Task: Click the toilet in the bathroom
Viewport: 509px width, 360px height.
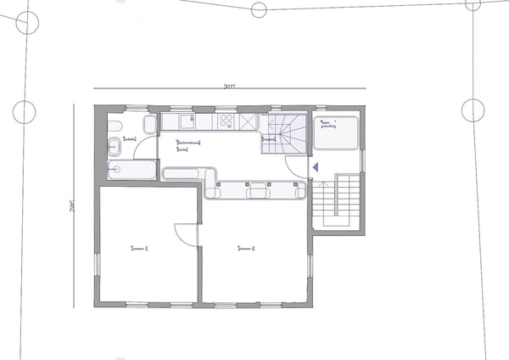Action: [114, 127]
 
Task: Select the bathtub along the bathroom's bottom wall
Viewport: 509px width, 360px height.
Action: [132, 170]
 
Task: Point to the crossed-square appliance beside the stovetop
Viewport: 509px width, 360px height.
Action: [247, 122]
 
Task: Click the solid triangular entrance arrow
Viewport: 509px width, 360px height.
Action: [316, 168]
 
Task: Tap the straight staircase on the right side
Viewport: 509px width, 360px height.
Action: [337, 201]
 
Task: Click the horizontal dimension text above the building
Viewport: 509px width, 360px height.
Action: [228, 86]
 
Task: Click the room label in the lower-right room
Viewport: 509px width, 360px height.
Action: [248, 248]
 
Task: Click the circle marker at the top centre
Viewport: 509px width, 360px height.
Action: [259, 9]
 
